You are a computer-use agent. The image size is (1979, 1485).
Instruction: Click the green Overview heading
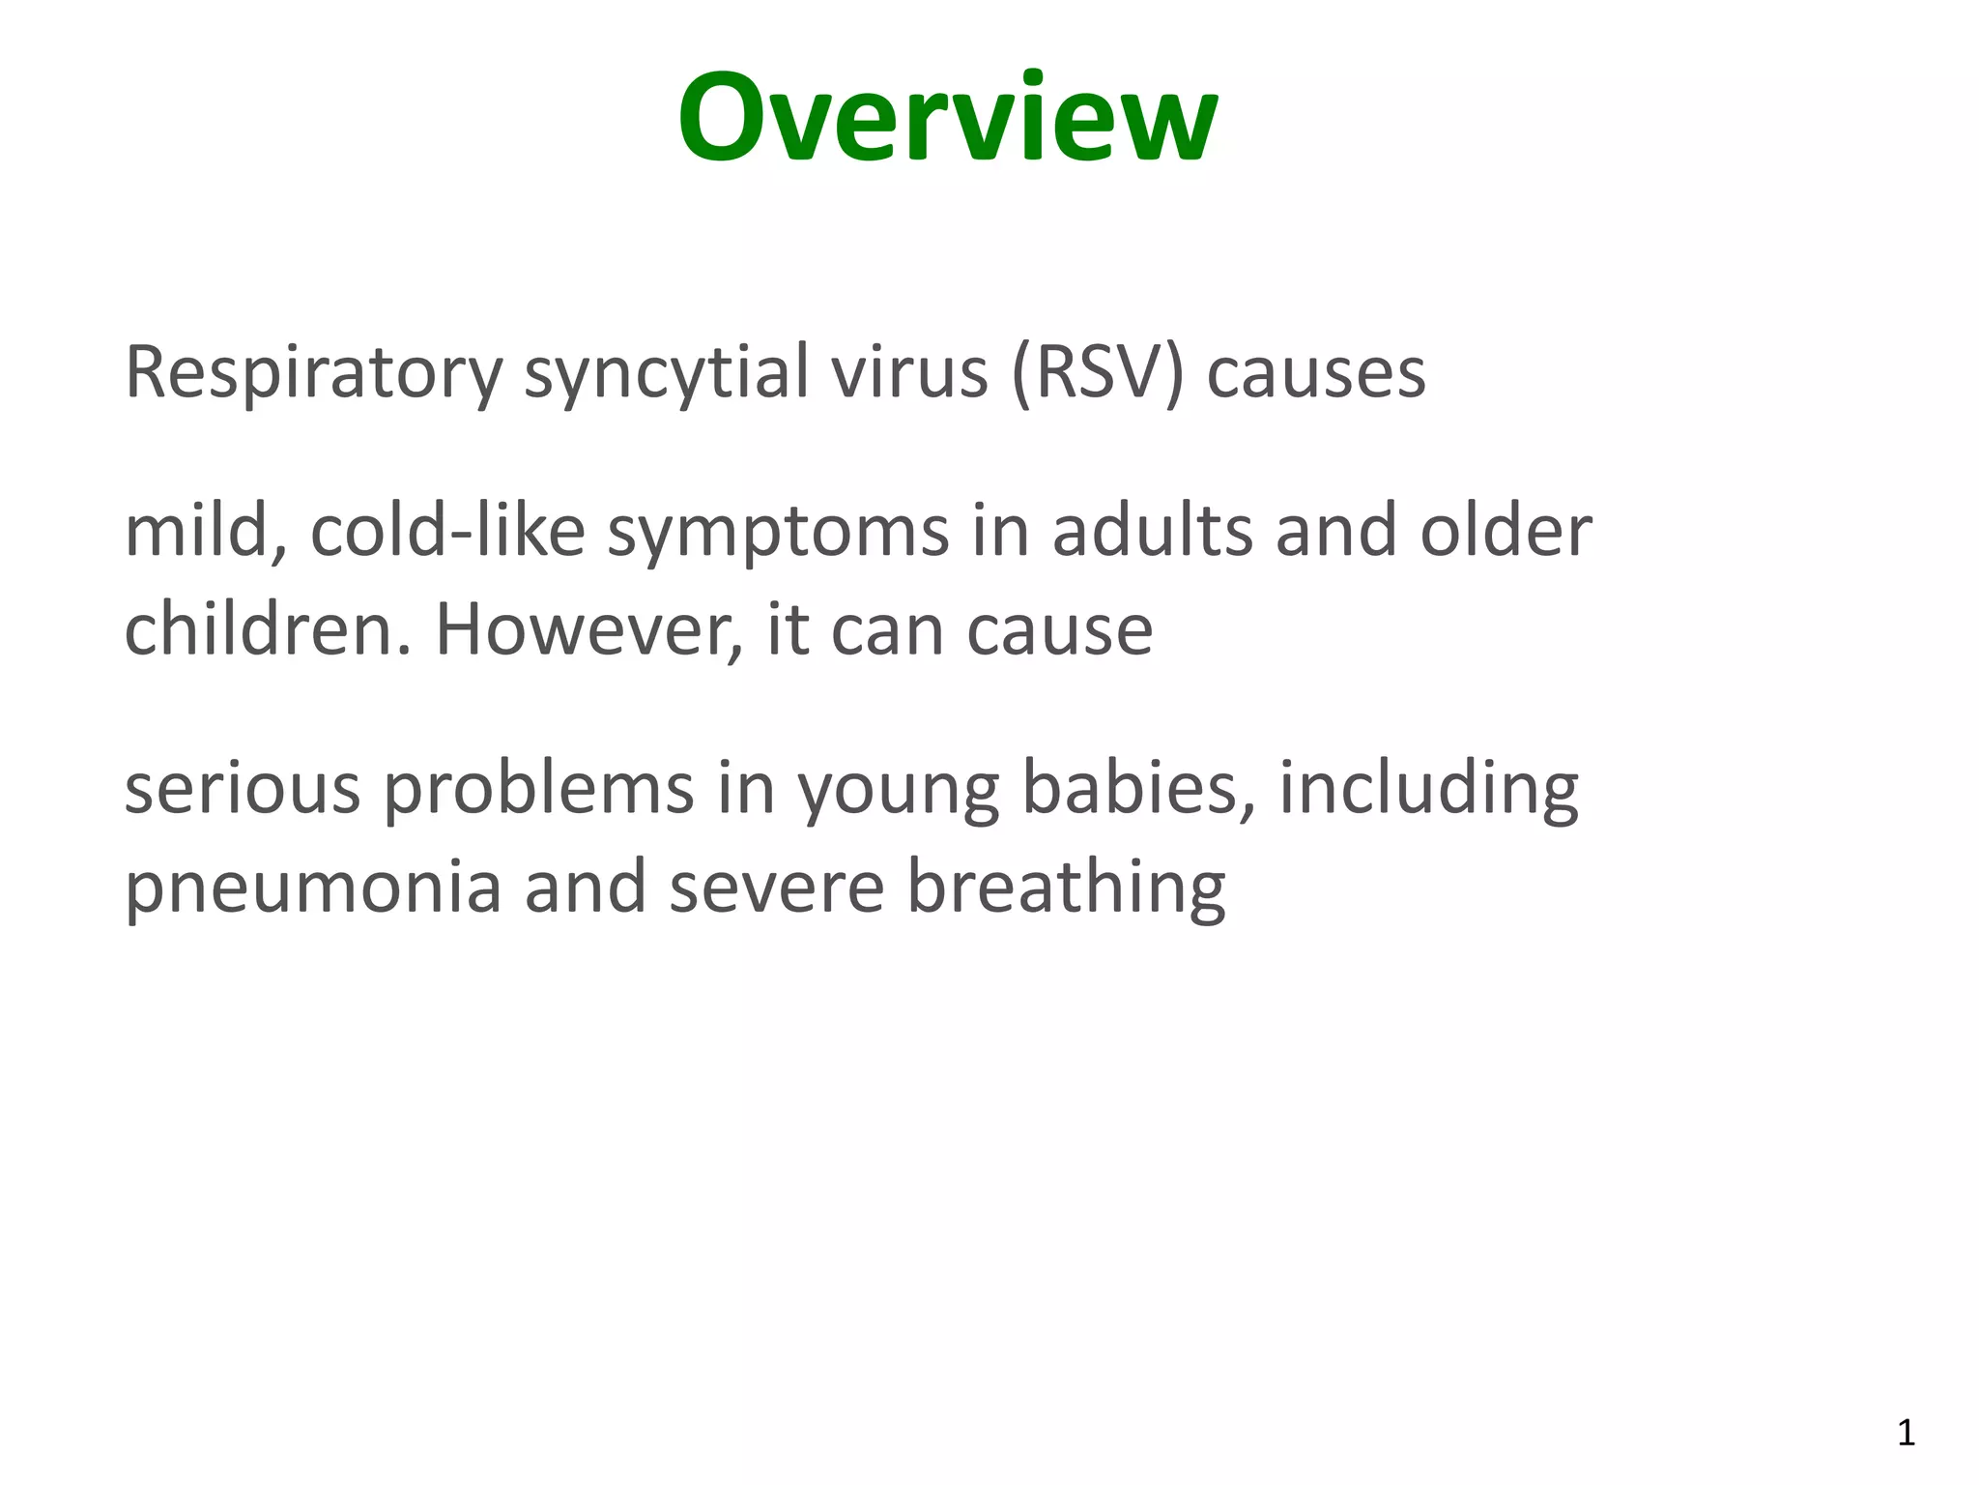[947, 118]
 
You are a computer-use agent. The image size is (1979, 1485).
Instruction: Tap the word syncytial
[666, 372]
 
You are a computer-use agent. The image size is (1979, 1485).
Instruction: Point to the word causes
[1316, 374]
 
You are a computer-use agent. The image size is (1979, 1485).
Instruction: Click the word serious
[243, 788]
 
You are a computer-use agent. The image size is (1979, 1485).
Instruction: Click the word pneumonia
[313, 888]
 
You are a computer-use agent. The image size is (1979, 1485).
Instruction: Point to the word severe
[776, 888]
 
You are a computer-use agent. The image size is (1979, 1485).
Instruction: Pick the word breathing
[1066, 888]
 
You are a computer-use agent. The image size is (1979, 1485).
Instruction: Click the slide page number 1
[1906, 1432]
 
